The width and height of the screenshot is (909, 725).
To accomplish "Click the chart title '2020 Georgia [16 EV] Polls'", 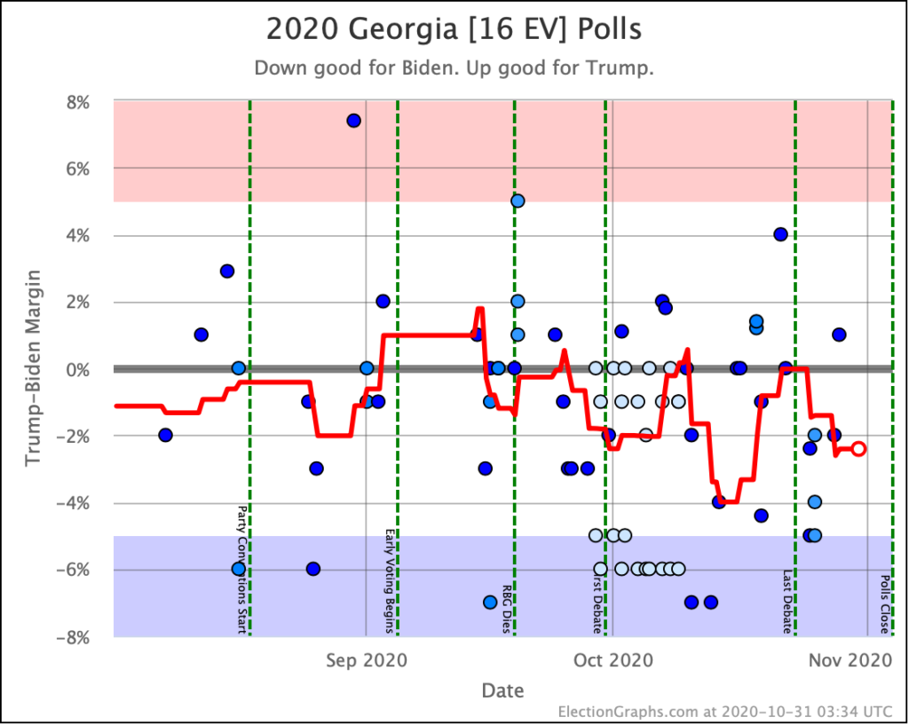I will click(454, 29).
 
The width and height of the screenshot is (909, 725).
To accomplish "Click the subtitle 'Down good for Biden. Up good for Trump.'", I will click(454, 68).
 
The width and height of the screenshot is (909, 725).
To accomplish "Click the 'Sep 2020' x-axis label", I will click(367, 660).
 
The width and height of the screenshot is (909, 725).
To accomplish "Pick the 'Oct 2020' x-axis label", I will click(613, 660).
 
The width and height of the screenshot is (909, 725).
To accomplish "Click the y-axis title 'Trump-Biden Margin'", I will click(34, 368).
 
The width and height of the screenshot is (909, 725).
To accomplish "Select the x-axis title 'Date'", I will click(502, 690).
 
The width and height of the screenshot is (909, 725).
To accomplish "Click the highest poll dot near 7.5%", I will click(353, 121).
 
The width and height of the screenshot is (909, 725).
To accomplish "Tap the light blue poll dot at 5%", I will click(518, 201).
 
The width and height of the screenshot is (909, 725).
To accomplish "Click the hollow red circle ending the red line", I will click(858, 449).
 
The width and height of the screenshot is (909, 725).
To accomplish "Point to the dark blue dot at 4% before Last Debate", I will click(780, 234).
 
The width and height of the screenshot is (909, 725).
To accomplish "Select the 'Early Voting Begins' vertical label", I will click(390, 581).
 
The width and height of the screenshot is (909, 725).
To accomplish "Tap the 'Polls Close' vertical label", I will click(885, 608).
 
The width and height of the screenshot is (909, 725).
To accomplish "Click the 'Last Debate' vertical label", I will click(787, 602).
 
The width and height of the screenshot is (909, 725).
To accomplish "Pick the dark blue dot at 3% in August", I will click(226, 271).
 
